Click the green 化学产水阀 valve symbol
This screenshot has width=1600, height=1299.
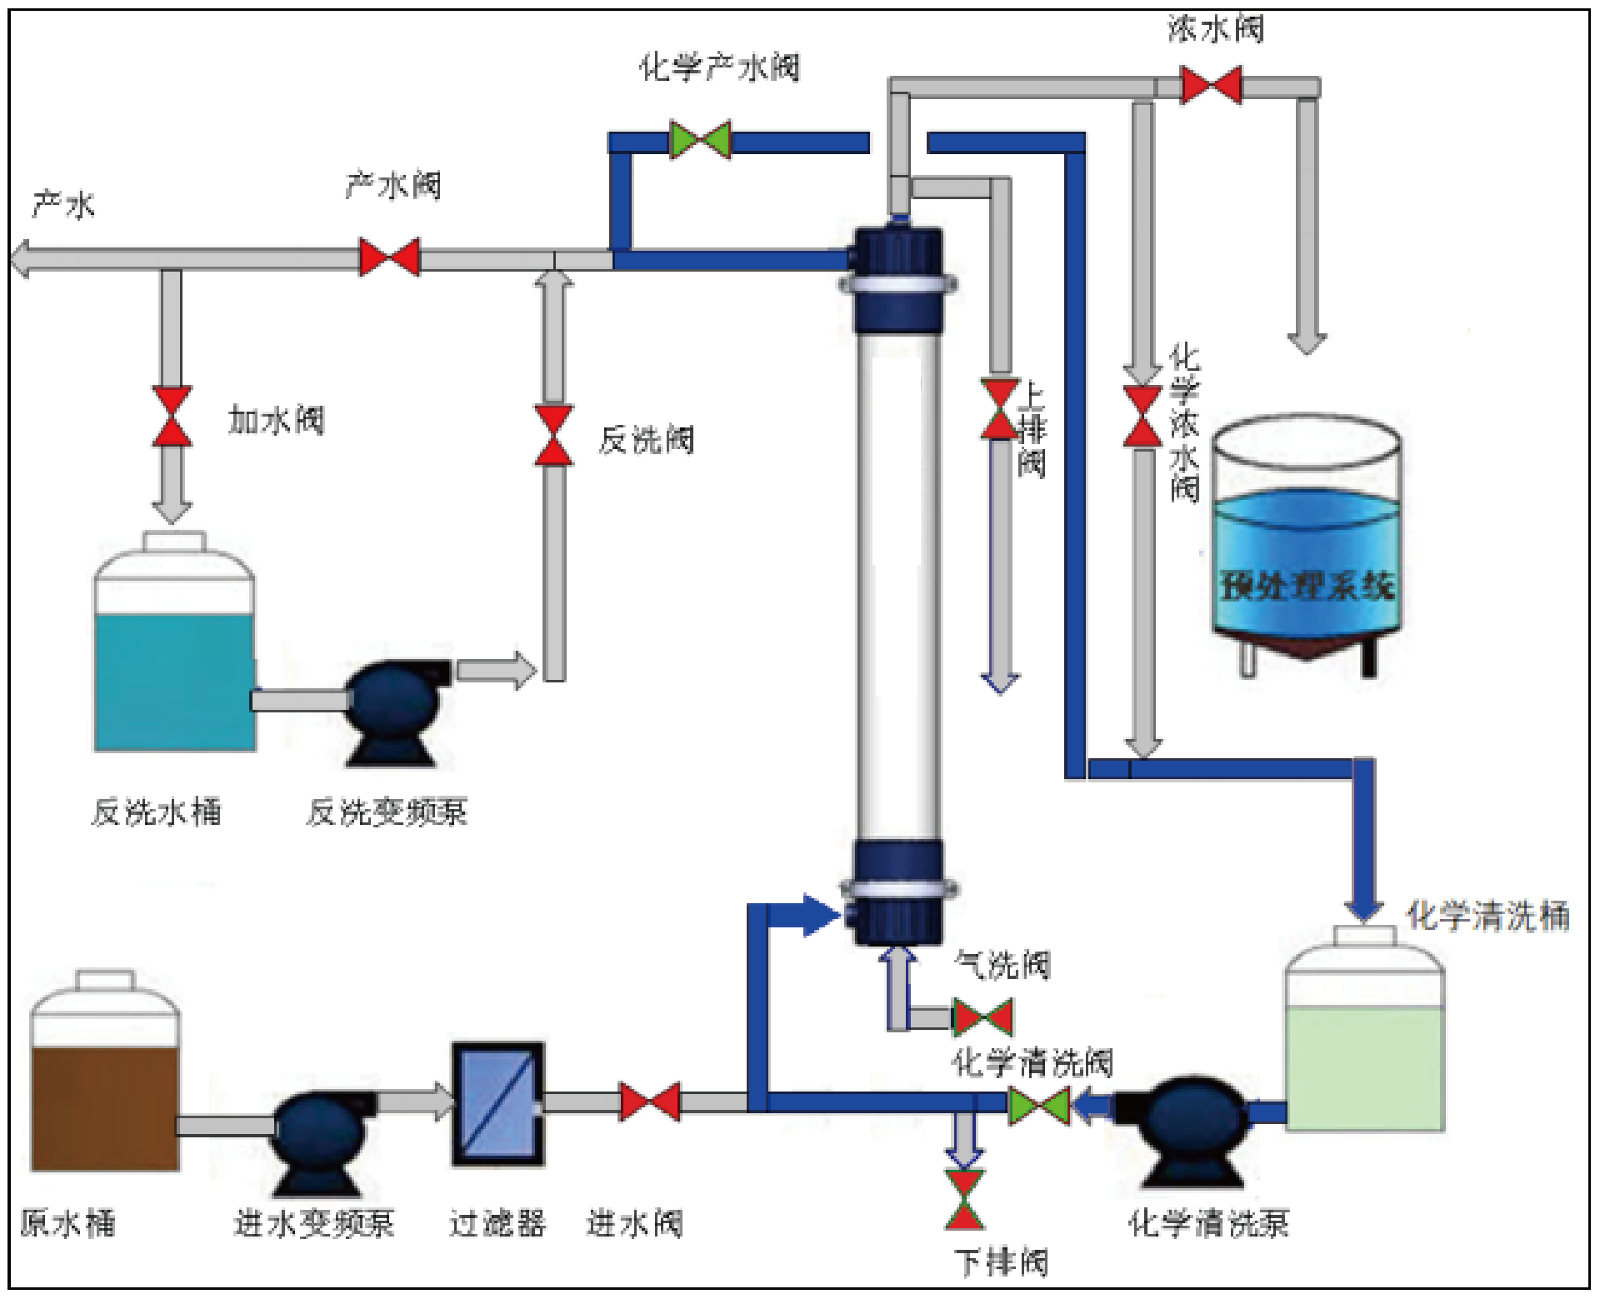point(700,140)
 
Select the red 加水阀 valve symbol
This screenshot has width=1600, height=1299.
point(172,416)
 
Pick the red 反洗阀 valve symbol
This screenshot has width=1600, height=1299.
point(553,435)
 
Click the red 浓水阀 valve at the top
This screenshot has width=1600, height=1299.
point(1211,86)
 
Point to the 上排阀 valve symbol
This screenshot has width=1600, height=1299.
point(999,409)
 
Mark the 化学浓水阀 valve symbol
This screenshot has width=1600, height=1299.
point(1142,417)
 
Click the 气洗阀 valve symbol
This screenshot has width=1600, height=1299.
point(982,1017)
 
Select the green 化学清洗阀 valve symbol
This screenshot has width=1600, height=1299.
point(1038,1107)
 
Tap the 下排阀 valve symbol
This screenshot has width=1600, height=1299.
point(964,1200)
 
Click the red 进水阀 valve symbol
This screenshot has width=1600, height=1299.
point(650,1102)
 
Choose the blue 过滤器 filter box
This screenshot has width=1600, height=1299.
point(498,1103)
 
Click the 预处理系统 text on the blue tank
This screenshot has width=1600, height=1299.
point(1307,585)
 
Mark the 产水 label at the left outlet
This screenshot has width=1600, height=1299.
point(63,204)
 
